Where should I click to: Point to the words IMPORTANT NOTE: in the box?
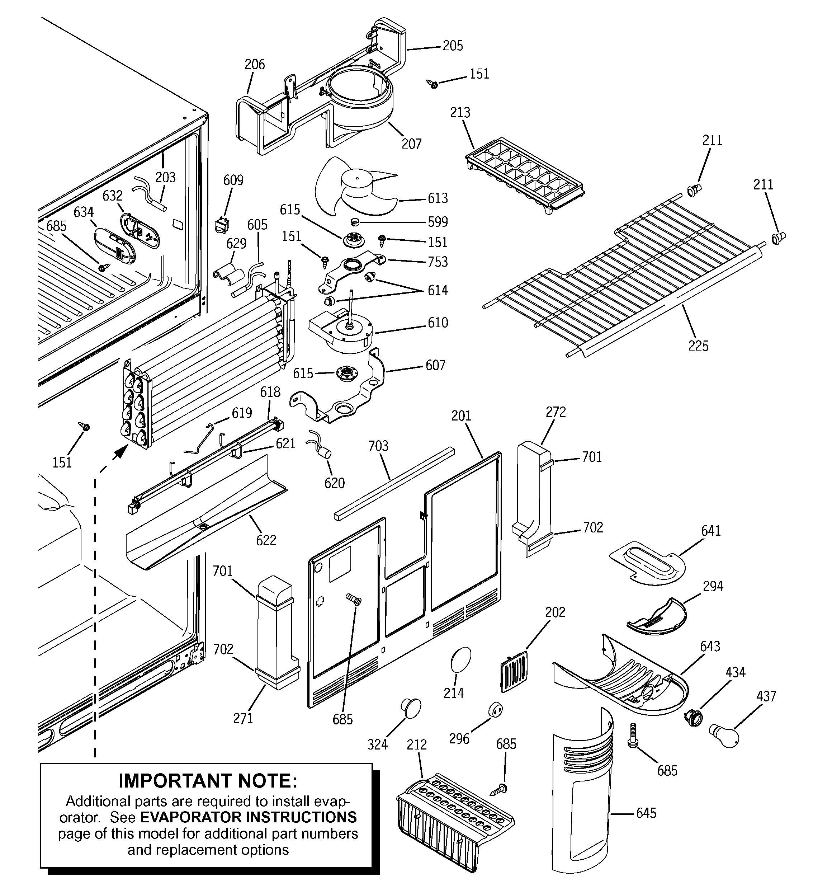[x=208, y=781]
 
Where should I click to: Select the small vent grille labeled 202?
[x=514, y=671]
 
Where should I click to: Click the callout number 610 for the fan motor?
[x=437, y=323]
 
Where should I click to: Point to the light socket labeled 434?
[x=692, y=718]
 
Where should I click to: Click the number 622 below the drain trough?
[x=266, y=540]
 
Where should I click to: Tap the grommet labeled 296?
[x=495, y=709]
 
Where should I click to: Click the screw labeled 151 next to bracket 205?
[x=432, y=84]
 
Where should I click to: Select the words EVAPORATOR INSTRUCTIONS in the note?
[x=248, y=817]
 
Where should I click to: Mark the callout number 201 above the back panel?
[x=461, y=416]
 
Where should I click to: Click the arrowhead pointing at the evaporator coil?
[x=118, y=454]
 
